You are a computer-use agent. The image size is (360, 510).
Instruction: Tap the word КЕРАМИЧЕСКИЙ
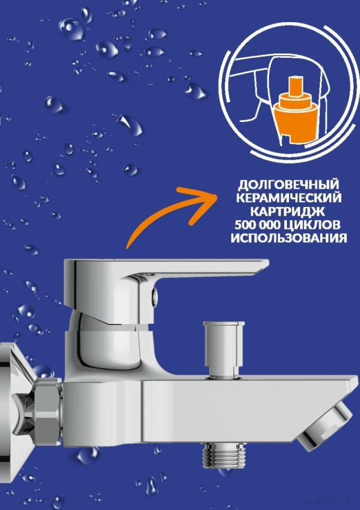click(289, 198)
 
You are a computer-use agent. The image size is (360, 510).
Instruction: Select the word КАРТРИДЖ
click(289, 211)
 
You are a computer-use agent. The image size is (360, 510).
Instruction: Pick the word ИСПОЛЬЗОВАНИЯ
click(289, 238)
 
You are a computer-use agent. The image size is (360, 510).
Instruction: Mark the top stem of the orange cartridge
click(297, 85)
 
